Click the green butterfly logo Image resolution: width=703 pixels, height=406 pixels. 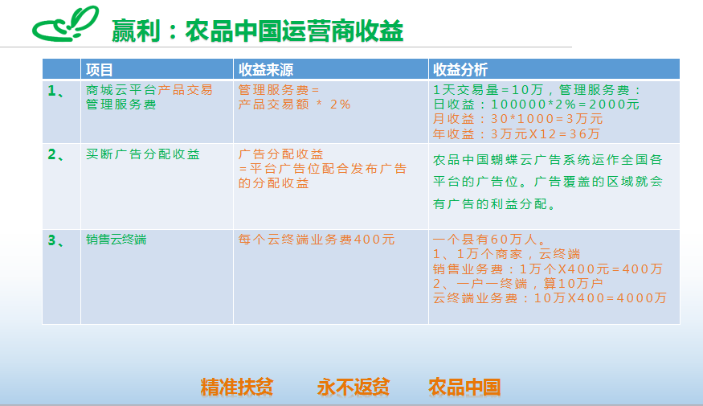tap(65, 24)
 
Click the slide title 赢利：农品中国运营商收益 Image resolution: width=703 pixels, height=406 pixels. tap(257, 31)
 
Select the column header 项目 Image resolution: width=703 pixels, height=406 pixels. tap(99, 69)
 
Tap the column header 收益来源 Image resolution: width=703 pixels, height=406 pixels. tap(265, 69)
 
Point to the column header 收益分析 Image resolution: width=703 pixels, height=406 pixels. tap(460, 69)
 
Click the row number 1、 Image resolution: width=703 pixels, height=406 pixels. tap(56, 91)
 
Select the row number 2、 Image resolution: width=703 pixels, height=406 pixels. tap(56, 155)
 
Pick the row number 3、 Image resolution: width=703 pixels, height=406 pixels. tap(56, 241)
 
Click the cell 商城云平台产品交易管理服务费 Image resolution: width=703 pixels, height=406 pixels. tap(149, 97)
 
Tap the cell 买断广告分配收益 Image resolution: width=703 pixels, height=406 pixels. tap(143, 154)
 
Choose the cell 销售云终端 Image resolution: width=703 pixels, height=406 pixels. tap(116, 240)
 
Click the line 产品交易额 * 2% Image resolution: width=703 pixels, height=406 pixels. tap(294, 105)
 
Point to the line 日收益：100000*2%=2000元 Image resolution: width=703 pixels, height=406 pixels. tap(536, 105)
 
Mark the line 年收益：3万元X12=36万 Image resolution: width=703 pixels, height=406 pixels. tap(517, 133)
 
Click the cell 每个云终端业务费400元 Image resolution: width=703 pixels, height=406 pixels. tap(317, 240)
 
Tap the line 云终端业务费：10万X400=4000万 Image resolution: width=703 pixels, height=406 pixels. tap(550, 298)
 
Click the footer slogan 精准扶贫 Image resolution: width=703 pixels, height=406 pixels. tap(237, 387)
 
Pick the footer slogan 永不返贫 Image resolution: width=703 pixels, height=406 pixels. tap(354, 387)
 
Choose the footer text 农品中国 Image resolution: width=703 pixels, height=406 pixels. tap(464, 387)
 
